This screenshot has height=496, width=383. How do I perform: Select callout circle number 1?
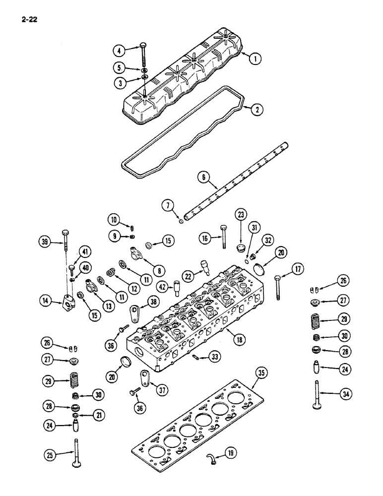pos(255,59)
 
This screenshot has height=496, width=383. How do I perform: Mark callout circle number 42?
pos(162,287)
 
